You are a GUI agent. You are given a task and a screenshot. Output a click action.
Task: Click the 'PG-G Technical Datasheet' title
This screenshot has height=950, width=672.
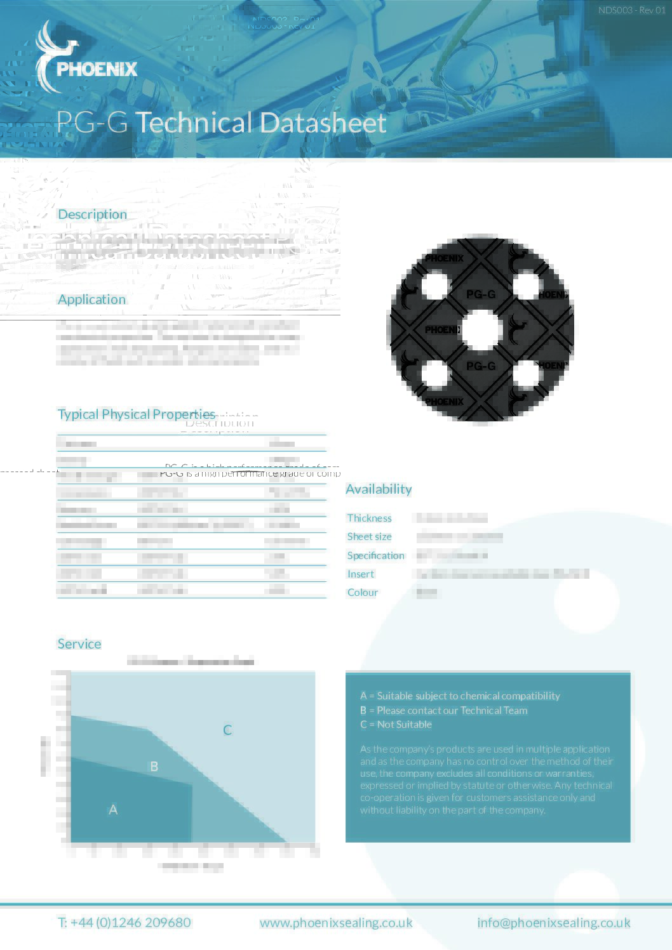tap(221, 122)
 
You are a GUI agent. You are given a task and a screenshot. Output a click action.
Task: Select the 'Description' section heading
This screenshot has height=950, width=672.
tap(92, 214)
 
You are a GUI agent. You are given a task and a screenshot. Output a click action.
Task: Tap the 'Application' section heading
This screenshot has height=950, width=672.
tap(91, 300)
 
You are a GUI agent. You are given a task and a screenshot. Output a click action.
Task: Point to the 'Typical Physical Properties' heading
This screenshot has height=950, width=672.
tap(137, 414)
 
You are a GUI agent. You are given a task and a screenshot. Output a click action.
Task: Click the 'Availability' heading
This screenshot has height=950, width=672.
tap(379, 489)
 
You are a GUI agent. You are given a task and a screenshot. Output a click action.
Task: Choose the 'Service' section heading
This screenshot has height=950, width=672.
tap(79, 644)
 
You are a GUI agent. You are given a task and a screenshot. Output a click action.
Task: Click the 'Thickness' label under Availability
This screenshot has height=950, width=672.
tap(369, 518)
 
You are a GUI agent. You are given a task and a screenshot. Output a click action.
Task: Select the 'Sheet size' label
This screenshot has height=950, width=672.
tap(369, 537)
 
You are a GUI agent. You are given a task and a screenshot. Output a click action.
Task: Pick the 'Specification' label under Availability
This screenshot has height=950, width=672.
tap(375, 556)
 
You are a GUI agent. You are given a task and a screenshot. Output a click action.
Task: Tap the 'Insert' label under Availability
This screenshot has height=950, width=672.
tap(360, 574)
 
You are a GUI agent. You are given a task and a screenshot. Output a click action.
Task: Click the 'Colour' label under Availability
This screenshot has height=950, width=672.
tap(362, 593)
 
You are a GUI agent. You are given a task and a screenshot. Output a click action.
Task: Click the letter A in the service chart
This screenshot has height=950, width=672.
tap(113, 810)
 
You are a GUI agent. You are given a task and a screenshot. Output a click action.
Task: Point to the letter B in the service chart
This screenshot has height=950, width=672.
tap(154, 767)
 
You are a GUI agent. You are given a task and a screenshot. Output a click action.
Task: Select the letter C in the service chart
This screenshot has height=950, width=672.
tap(227, 730)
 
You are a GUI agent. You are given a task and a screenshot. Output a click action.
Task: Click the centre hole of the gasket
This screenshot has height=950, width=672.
tap(481, 331)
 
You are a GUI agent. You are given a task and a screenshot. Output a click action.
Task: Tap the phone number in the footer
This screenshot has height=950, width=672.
tap(124, 923)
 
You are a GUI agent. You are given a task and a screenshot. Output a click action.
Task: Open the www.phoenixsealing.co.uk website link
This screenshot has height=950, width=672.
tap(336, 923)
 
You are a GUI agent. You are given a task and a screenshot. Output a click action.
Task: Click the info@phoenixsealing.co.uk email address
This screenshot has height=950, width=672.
tap(554, 923)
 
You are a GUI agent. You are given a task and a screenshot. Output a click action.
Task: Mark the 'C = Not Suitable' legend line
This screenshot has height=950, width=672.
tap(396, 725)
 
